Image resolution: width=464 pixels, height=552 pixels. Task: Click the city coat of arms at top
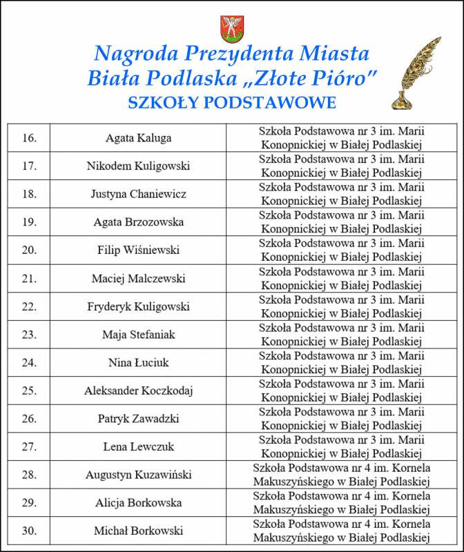[x=231, y=28]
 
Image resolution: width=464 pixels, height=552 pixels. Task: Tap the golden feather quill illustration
[x=417, y=74]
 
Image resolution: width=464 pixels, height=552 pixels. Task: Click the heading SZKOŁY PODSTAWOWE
[x=232, y=103]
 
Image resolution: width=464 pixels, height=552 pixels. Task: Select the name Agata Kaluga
[x=139, y=138]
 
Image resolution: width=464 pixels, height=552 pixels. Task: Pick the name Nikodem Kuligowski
[x=139, y=166]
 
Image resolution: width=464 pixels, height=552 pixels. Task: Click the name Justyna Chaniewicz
[x=139, y=194]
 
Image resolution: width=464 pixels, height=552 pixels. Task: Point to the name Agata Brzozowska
[x=139, y=222]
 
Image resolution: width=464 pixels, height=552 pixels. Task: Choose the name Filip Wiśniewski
[x=139, y=250]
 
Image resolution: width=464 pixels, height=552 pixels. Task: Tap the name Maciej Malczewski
[x=139, y=279]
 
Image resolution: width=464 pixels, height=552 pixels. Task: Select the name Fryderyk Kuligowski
[x=139, y=306]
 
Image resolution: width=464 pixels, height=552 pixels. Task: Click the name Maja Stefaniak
[x=139, y=335]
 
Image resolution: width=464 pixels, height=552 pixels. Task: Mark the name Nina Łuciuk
[x=139, y=363]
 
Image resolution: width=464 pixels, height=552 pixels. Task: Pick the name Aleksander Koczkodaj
[x=139, y=391]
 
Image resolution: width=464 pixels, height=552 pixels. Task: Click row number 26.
[x=30, y=419]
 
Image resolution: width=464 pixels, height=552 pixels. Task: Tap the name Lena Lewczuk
[x=139, y=447]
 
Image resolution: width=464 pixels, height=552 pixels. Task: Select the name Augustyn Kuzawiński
[x=139, y=475]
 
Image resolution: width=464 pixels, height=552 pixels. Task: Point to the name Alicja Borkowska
[x=139, y=503]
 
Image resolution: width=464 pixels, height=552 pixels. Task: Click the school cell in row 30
[x=342, y=531]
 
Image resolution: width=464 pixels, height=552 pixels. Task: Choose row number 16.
[x=30, y=138]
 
